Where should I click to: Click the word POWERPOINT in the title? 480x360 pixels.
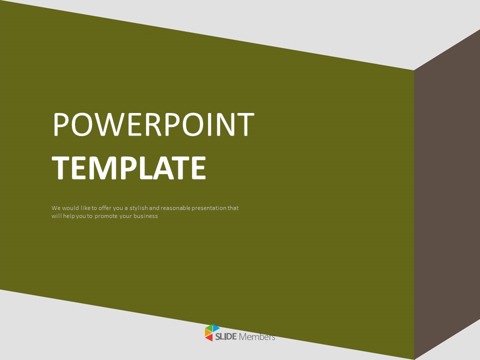pyautogui.click(x=153, y=124)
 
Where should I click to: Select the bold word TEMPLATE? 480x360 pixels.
pyautogui.click(x=129, y=168)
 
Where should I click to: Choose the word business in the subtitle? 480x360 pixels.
pyautogui.click(x=145, y=216)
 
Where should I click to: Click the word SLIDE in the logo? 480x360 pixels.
pyautogui.click(x=226, y=337)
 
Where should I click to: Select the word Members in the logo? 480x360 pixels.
pyautogui.click(x=257, y=337)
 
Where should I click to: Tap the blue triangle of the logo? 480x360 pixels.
pyautogui.click(x=216, y=328)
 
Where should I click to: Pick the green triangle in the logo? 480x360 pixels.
pyautogui.click(x=209, y=328)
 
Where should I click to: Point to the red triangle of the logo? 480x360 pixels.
pyautogui.click(x=209, y=338)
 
